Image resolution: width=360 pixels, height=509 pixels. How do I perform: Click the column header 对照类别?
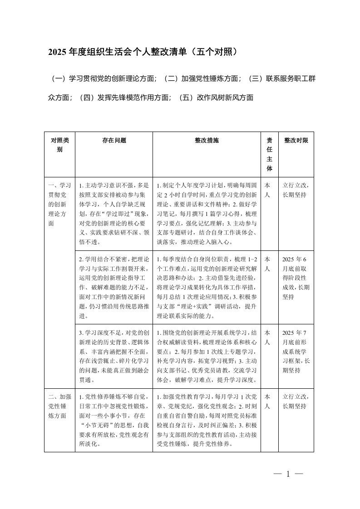pyautogui.click(x=59, y=145)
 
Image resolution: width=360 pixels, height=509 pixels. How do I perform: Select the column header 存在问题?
pyautogui.click(x=114, y=141)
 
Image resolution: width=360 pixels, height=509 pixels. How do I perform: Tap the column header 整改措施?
pyautogui.click(x=207, y=141)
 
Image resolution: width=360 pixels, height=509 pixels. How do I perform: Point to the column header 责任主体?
pyautogui.click(x=269, y=154)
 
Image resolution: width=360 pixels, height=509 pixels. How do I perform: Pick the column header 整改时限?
pyautogui.click(x=296, y=141)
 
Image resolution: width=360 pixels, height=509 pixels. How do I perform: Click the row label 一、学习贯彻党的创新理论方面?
pyautogui.click(x=59, y=204)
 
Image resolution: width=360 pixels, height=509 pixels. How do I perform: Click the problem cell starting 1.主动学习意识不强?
pyautogui.click(x=114, y=214)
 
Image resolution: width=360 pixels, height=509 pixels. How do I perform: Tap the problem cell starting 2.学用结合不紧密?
pyautogui.click(x=114, y=287)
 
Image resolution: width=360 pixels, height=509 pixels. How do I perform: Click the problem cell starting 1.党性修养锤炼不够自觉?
pyautogui.click(x=114, y=419)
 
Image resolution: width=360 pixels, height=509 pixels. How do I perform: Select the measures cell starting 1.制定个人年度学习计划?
pyautogui.click(x=207, y=214)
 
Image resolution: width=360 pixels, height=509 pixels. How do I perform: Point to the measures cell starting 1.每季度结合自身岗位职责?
pyautogui.click(x=207, y=287)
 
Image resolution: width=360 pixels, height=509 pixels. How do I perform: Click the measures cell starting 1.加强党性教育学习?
pyautogui.click(x=207, y=419)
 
